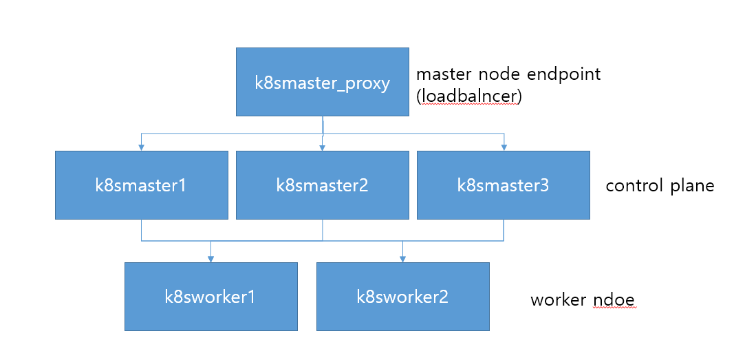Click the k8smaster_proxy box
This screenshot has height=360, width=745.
coord(322,82)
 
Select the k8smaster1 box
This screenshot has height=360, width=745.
coord(141,185)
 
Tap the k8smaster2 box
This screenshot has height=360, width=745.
coord(322,185)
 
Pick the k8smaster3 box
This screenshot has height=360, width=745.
coord(503,185)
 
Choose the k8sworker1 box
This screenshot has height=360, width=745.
coord(210,297)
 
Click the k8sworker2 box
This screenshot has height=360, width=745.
coord(402,297)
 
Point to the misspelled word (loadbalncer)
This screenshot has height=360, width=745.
coord(469,96)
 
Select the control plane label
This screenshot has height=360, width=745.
coord(660,186)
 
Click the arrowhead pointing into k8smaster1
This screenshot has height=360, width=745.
coord(141,147)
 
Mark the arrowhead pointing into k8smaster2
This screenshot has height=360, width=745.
coord(322,147)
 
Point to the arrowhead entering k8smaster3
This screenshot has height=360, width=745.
coord(504,147)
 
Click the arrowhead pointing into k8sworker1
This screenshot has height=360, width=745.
coord(210,258)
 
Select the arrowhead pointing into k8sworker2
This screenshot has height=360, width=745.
coord(402,258)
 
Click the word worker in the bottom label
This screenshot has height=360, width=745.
coord(558,300)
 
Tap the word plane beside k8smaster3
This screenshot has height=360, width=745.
coord(691,186)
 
